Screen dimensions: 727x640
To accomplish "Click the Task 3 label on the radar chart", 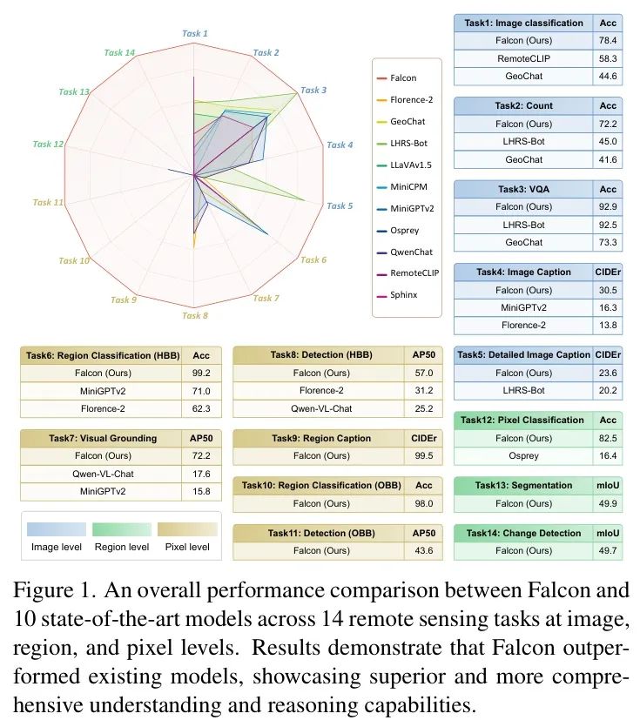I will (313, 90).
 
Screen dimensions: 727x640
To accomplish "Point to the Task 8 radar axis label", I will (194, 315).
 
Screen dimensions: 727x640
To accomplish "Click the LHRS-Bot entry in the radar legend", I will (409, 143).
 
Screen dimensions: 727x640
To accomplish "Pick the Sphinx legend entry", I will (403, 294).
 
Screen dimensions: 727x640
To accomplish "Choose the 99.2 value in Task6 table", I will (207, 373).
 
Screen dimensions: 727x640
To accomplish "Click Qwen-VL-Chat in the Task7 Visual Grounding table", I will (109, 474).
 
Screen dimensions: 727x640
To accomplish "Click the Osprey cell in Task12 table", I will (523, 455).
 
